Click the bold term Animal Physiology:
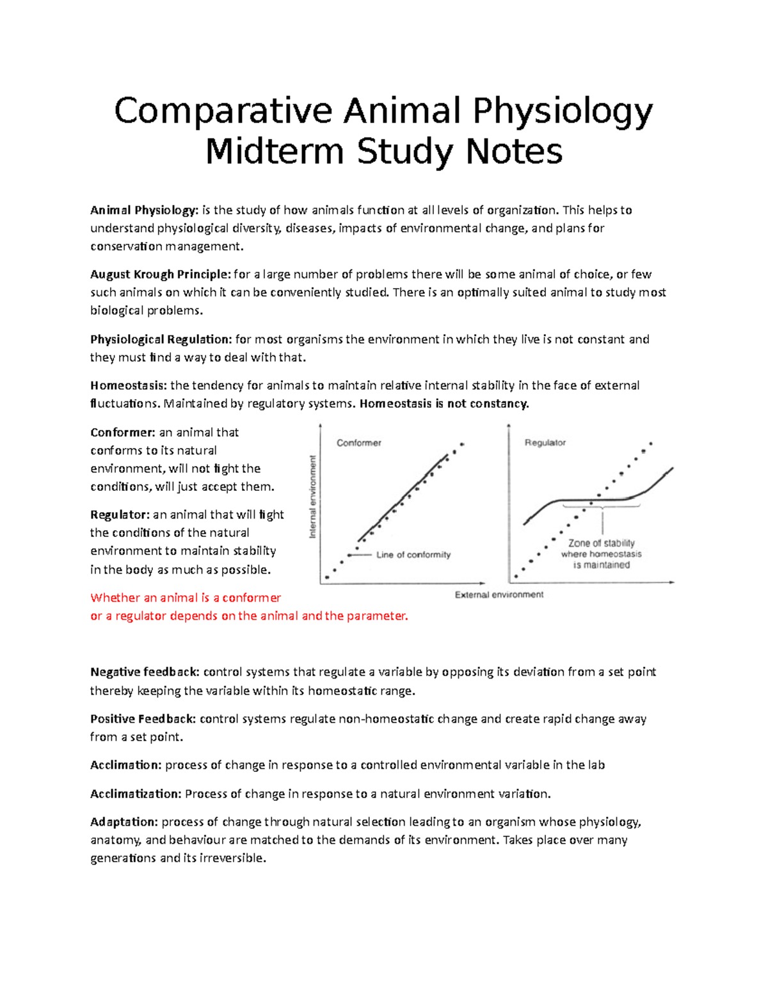[144, 210]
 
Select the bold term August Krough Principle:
[160, 275]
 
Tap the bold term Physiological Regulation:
[161, 339]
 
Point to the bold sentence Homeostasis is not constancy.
[444, 404]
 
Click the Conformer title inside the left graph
[358, 443]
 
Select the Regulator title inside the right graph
[545, 443]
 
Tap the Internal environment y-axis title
[314, 497]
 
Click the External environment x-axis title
[499, 595]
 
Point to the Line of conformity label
[413, 555]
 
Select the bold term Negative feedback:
[145, 672]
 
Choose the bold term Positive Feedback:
[143, 719]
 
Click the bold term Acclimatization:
[136, 794]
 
